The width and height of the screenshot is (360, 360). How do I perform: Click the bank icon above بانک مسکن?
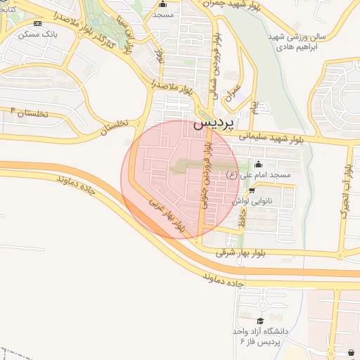(x=37, y=23)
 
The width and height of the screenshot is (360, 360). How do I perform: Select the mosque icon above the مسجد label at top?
(x=162, y=4)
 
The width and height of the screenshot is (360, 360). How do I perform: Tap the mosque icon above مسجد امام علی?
(x=258, y=165)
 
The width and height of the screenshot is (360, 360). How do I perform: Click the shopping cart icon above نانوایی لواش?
(x=252, y=190)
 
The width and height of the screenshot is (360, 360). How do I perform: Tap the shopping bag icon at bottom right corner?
(x=351, y=352)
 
